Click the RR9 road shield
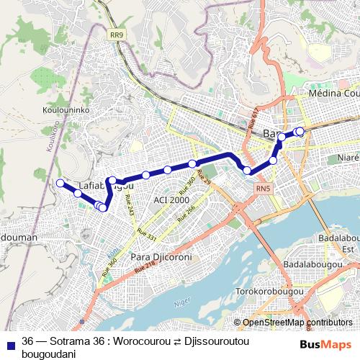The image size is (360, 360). (117, 34)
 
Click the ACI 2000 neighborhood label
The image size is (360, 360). (171, 199)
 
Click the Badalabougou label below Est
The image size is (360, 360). (326, 264)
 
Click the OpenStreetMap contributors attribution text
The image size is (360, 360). (297, 322)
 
